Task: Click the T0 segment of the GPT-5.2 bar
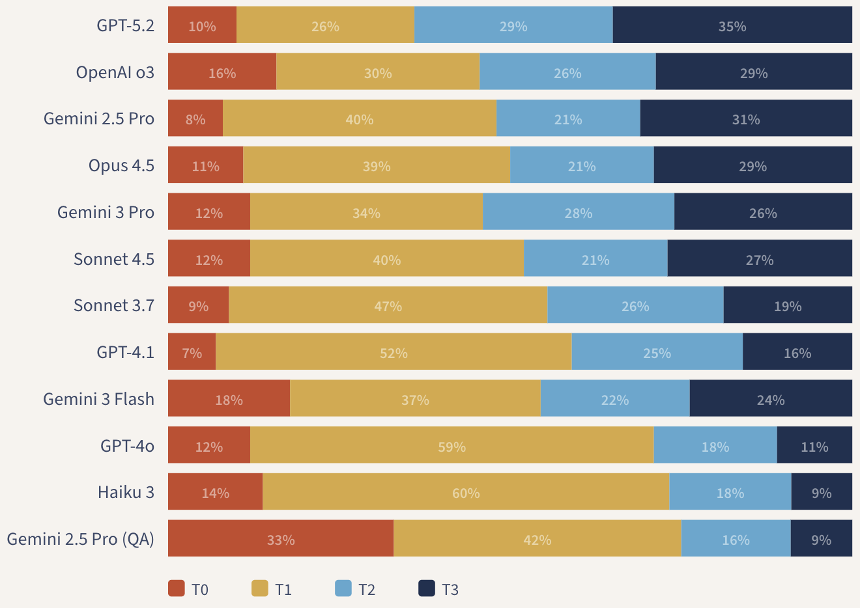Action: tap(202, 25)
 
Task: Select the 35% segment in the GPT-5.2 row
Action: tap(732, 25)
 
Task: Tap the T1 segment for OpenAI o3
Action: tap(378, 72)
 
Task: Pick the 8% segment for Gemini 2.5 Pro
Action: tap(195, 118)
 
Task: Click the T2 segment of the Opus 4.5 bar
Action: tap(582, 165)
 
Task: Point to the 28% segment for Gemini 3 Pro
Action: tap(579, 212)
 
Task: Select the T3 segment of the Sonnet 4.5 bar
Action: tap(760, 259)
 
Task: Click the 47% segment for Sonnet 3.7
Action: tap(388, 305)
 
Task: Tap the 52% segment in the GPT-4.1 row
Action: tap(394, 352)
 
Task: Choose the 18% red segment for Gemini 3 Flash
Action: tap(229, 399)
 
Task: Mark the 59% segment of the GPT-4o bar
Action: tap(451, 446)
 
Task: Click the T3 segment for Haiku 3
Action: tap(822, 493)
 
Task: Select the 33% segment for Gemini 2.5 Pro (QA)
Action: tap(281, 539)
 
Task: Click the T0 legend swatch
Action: tap(177, 588)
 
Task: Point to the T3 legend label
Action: tap(450, 589)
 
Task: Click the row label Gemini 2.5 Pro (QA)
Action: tap(81, 539)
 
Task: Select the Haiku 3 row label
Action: tap(126, 492)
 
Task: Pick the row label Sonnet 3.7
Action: tap(114, 305)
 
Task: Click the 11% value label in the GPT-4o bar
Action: tap(814, 447)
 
